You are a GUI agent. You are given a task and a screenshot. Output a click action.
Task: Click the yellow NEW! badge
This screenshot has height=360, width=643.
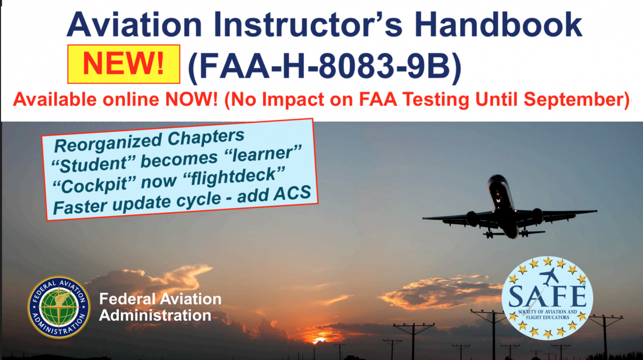click(123, 64)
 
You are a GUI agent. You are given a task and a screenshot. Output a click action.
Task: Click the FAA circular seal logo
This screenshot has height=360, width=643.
click(59, 307)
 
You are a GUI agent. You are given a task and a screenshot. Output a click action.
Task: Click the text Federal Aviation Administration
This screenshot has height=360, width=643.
click(160, 307)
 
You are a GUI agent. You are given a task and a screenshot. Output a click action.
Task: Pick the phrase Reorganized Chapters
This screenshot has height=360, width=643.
click(150, 140)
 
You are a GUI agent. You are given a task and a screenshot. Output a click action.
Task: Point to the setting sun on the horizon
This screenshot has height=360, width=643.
click(320, 340)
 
